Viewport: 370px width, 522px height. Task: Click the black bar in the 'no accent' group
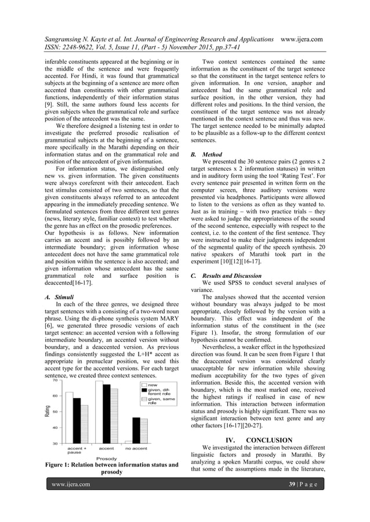(136, 431)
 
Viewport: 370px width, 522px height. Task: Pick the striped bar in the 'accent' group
(114, 416)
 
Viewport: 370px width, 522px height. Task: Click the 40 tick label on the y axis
(55, 428)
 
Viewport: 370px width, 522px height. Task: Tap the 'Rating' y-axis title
(47, 412)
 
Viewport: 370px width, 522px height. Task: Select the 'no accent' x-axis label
(136, 449)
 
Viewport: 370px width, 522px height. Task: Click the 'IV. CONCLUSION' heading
(259, 440)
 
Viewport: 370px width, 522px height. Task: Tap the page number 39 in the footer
(293, 501)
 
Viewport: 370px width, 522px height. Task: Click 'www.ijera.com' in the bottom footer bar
(71, 501)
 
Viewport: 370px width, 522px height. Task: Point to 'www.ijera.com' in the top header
(301, 39)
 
